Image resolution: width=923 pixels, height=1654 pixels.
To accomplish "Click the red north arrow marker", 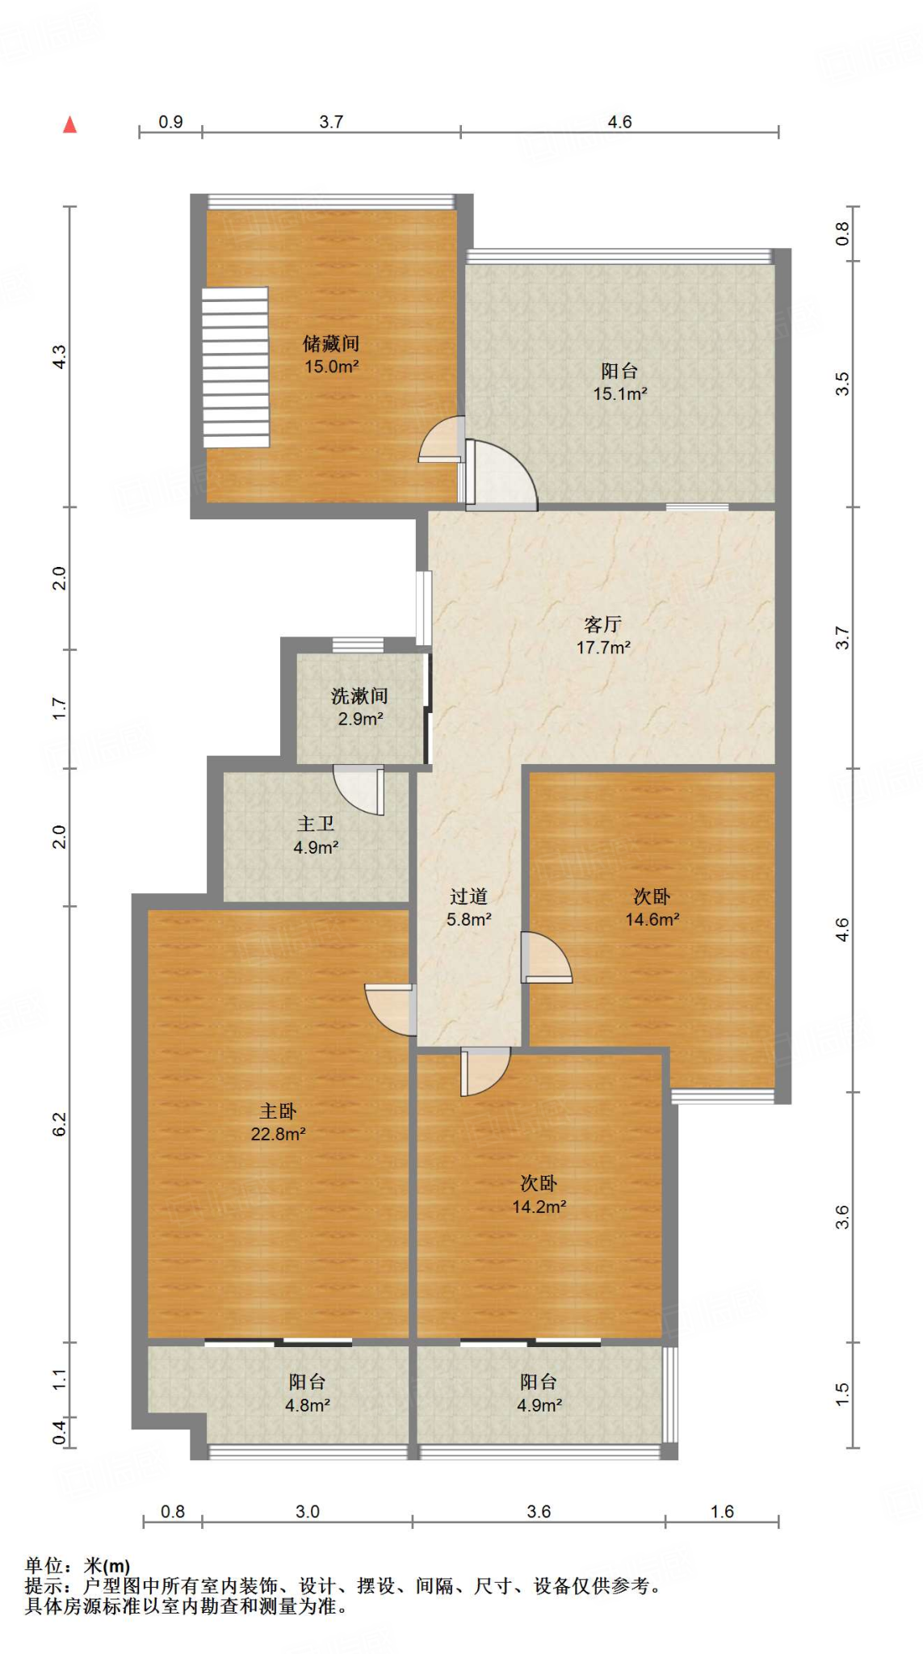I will pos(70,124).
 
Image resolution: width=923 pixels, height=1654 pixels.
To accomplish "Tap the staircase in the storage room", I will pos(235,367).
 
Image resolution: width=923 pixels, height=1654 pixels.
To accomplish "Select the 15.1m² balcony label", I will pos(619,382).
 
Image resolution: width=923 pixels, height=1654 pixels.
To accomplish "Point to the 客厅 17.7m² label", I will pos(602,636).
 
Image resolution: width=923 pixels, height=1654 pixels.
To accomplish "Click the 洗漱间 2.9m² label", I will pos(359,707).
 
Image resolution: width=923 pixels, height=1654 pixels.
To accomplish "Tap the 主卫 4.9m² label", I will pos(315,835).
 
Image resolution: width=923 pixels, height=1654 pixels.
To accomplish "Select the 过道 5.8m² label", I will pos(468,908).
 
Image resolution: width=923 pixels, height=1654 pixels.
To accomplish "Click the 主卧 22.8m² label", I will pos(278,1123).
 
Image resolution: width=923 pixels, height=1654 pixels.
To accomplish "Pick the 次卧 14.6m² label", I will pos(652,908).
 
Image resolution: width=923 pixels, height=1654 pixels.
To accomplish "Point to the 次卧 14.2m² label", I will pos(539,1194).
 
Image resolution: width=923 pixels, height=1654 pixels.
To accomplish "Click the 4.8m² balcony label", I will pos(307,1393).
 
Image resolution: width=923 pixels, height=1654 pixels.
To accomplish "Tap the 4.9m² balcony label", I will pos(539,1393).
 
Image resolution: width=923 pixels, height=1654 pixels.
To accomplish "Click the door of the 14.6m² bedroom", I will pos(547,957).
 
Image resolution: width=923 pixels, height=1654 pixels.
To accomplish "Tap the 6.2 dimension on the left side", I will pos(60,1123).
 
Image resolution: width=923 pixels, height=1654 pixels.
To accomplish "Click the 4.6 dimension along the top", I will pos(619,122).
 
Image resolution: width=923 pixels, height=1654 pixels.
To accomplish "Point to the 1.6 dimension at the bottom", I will pos(722,1511).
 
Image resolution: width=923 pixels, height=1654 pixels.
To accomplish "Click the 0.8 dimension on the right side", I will pos(842,233).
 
